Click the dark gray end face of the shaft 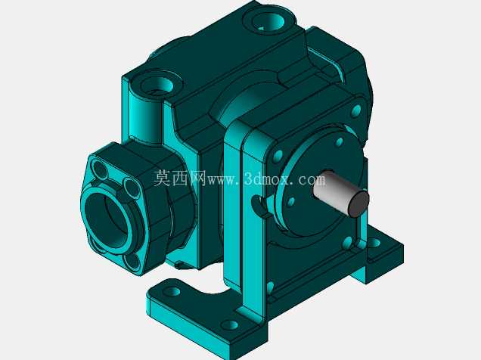pyautogui.click(x=358, y=203)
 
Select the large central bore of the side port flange pyautogui.click(x=105, y=220)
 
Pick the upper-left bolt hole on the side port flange pyautogui.click(x=100, y=169)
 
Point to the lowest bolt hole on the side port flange pyautogui.click(x=132, y=262)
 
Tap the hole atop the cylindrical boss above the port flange pyautogui.click(x=157, y=85)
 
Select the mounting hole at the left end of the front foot pyautogui.click(x=172, y=291)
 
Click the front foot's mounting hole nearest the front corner pyautogui.click(x=230, y=324)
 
